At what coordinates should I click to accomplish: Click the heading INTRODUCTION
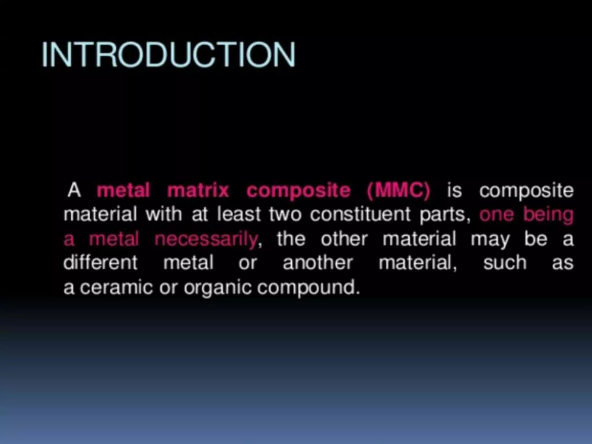169,55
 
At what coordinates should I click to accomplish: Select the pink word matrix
198,190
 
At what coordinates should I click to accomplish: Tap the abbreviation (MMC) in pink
399,190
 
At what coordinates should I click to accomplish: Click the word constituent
360,214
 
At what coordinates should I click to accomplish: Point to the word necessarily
206,239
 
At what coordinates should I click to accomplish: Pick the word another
318,263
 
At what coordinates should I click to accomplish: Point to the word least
239,214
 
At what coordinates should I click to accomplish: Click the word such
505,263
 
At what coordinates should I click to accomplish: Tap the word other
344,239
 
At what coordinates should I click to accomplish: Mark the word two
285,214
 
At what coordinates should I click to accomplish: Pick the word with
164,214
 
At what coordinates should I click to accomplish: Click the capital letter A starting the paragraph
74,190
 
